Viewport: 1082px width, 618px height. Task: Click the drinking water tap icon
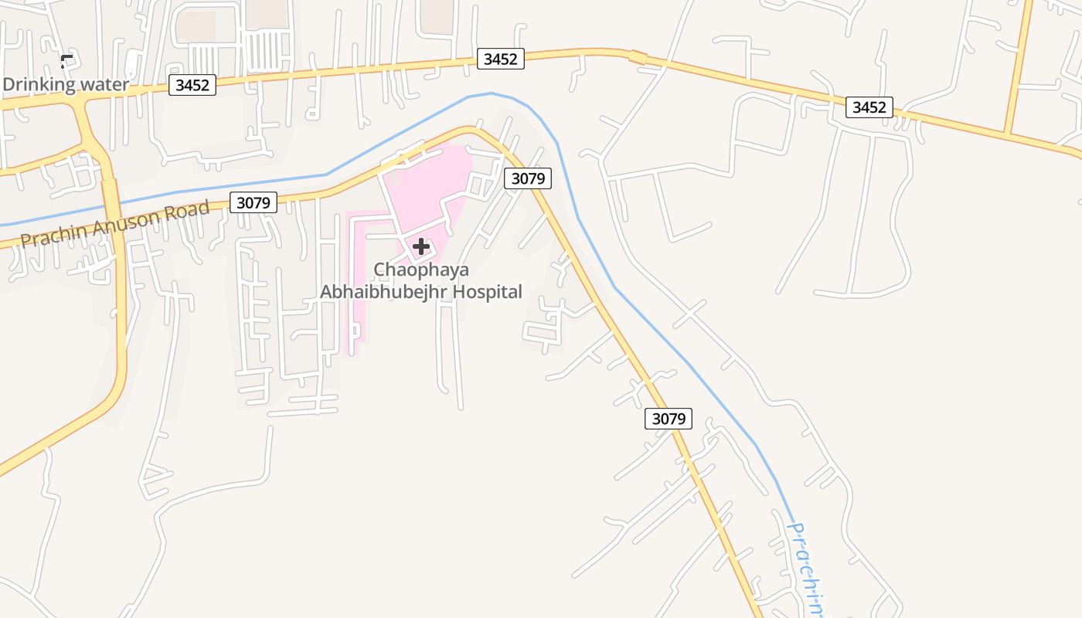click(67, 62)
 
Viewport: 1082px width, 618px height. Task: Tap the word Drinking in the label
click(38, 84)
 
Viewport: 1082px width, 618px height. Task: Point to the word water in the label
click(103, 84)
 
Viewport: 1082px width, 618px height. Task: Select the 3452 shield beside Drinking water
click(192, 85)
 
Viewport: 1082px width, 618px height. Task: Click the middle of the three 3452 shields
click(501, 58)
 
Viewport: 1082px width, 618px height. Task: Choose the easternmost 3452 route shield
click(869, 107)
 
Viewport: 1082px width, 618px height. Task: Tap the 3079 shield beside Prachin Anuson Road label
click(253, 202)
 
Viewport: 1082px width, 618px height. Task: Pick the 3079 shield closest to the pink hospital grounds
click(528, 178)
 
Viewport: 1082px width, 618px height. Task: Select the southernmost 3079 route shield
click(669, 419)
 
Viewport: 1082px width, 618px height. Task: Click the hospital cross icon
click(421, 246)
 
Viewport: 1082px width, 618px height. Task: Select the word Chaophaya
click(421, 270)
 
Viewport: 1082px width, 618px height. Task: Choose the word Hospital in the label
click(488, 292)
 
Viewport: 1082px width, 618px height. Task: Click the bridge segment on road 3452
click(638, 56)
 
